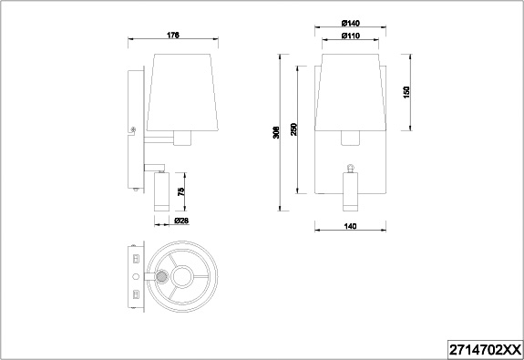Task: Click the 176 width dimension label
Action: pyautogui.click(x=173, y=35)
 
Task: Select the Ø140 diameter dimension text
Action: pyautogui.click(x=351, y=23)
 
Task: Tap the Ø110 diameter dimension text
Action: pyautogui.click(x=351, y=36)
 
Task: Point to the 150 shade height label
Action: pyautogui.click(x=406, y=92)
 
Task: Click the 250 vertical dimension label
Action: pyautogui.click(x=293, y=129)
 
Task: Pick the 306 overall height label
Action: pyautogui.click(x=276, y=132)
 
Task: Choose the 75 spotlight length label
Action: pyautogui.click(x=180, y=192)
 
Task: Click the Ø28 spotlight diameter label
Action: pyautogui.click(x=181, y=221)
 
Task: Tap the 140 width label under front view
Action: pyautogui.click(x=350, y=226)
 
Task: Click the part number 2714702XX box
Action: pyautogui.click(x=485, y=350)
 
